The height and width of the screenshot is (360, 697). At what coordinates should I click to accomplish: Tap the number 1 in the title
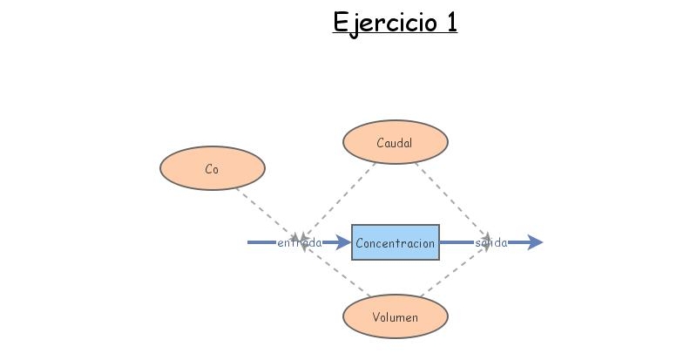pyautogui.click(x=450, y=21)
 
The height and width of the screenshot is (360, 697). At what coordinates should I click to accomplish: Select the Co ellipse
pyautogui.click(x=212, y=169)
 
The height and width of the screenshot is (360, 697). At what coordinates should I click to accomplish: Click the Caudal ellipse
pyautogui.click(x=396, y=142)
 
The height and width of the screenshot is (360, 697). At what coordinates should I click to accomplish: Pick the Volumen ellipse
pyautogui.click(x=396, y=317)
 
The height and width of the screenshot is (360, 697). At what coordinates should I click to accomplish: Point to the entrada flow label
pyautogui.click(x=299, y=243)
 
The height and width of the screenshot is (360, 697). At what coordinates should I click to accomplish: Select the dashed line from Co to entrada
pyautogui.click(x=266, y=211)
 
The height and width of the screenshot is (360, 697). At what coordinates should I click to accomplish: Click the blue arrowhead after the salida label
pyautogui.click(x=534, y=242)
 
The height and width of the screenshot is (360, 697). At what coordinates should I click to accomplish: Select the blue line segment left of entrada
pyautogui.click(x=261, y=242)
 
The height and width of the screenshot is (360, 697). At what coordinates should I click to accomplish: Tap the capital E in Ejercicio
pyautogui.click(x=340, y=21)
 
